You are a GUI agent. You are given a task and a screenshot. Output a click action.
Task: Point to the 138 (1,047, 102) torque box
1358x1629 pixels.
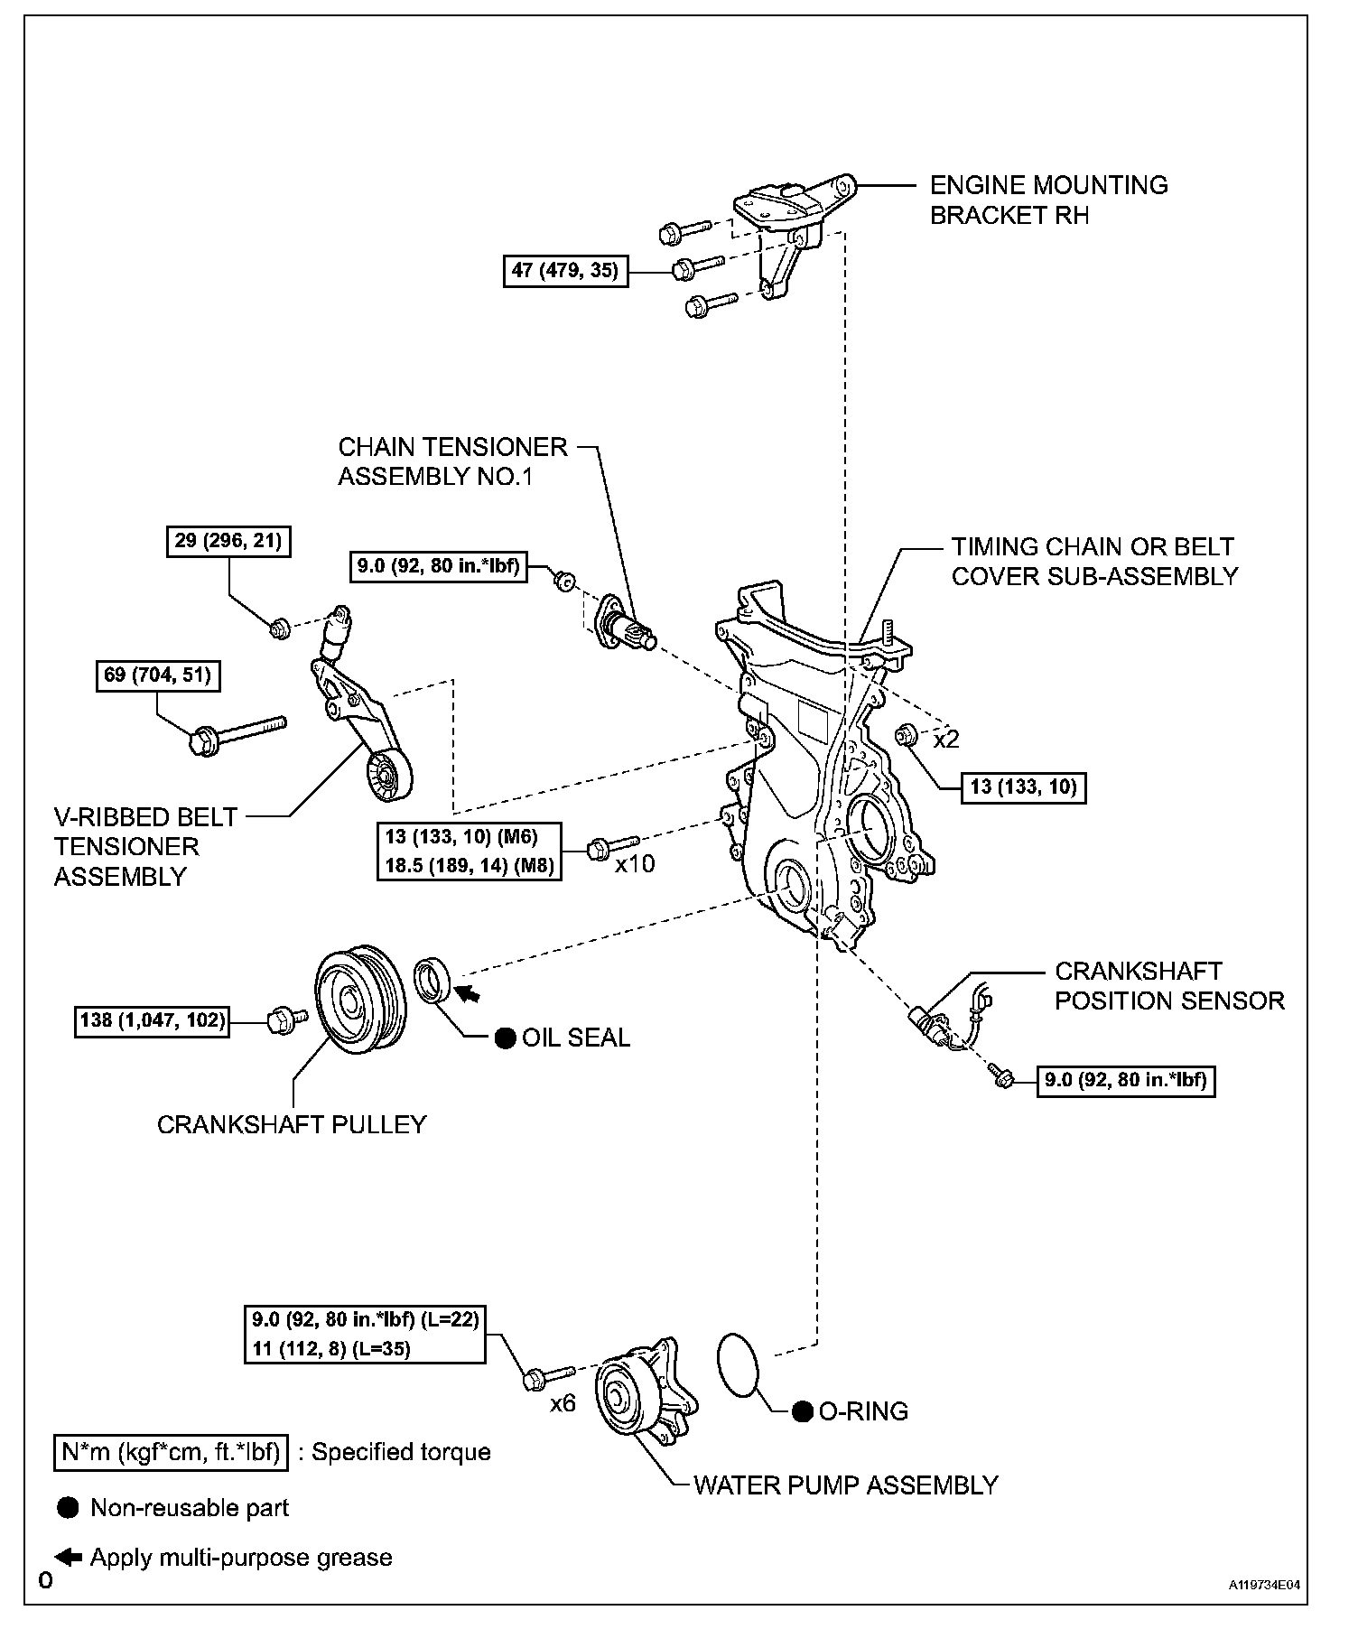click(152, 1021)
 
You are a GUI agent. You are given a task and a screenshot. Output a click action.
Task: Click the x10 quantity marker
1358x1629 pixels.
click(635, 864)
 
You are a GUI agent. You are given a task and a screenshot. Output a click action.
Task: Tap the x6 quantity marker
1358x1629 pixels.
click(563, 1404)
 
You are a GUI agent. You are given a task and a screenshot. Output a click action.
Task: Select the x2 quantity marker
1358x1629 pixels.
click(946, 740)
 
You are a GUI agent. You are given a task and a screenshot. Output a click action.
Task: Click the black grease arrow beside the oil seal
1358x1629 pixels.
click(468, 993)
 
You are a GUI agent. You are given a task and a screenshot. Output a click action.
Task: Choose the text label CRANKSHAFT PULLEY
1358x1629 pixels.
click(292, 1124)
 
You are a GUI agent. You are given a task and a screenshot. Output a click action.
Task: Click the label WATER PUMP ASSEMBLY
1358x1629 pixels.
click(845, 1485)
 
